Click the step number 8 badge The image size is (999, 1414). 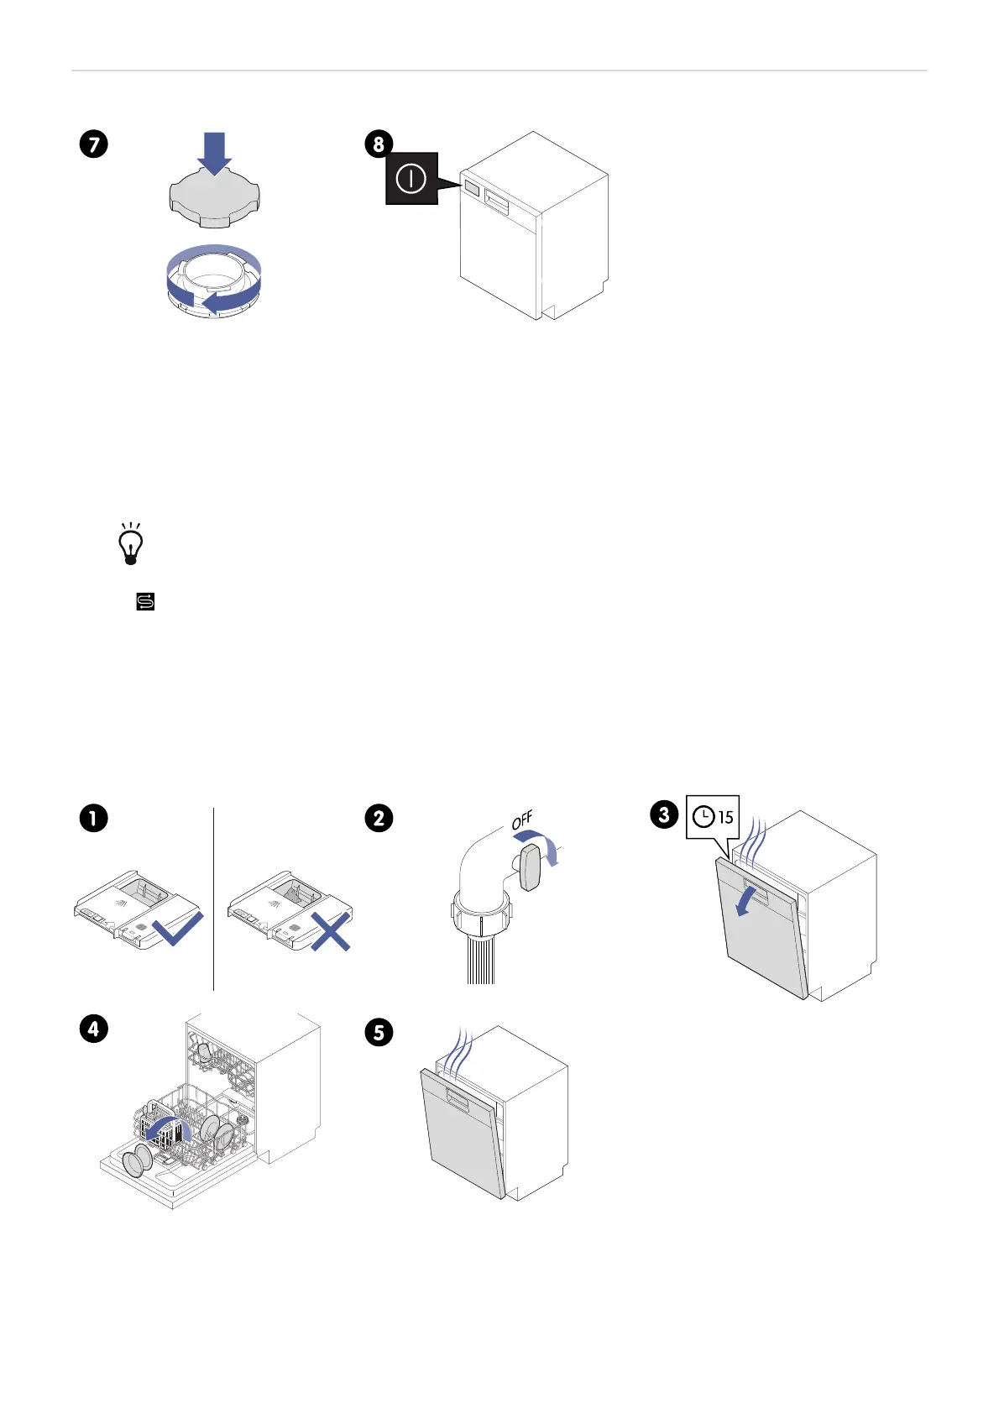[x=379, y=144]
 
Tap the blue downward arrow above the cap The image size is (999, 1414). [x=215, y=151]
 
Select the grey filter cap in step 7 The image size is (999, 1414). [x=215, y=198]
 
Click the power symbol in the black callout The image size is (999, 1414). [x=411, y=178]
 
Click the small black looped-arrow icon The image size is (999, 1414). [x=145, y=601]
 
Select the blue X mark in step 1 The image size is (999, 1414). [x=331, y=931]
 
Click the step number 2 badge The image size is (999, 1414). [x=379, y=818]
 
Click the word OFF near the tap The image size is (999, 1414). [x=522, y=820]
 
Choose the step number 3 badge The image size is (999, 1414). [x=664, y=814]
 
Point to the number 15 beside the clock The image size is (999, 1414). [x=725, y=817]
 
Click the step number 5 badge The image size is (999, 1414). [x=379, y=1032]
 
